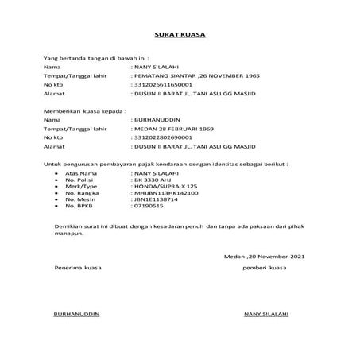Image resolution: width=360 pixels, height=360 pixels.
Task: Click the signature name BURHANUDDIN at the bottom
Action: point(76,314)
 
